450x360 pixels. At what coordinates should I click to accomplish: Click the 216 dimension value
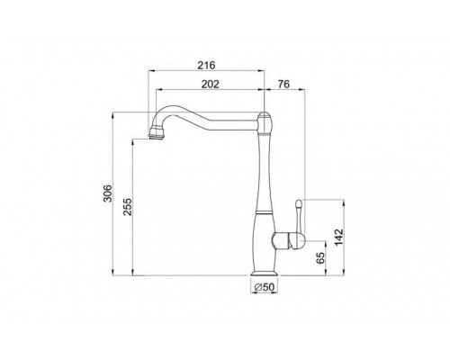click(206, 65)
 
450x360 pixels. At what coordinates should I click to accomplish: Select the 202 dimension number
click(210, 85)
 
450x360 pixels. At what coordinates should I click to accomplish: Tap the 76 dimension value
click(283, 85)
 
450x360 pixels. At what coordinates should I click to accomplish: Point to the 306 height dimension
click(108, 193)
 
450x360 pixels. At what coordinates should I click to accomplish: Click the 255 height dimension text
click(128, 207)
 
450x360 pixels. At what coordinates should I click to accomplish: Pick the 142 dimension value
click(338, 238)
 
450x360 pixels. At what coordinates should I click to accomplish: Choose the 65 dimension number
click(320, 258)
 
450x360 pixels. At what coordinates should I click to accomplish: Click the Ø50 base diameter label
click(265, 287)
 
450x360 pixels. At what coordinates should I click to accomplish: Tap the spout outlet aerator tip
click(157, 133)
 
